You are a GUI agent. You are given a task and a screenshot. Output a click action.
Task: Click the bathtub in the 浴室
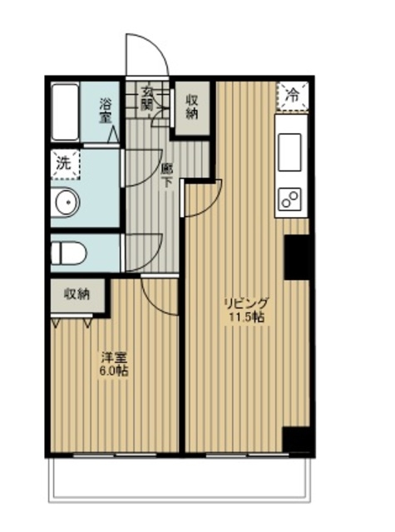[x=65, y=112]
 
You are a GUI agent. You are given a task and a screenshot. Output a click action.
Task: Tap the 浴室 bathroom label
[x=106, y=111]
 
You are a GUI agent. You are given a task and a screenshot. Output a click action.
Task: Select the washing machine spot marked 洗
[x=65, y=165]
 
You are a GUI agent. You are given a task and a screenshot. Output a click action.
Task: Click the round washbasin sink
[x=68, y=202]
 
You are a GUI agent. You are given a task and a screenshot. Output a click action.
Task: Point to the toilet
[x=69, y=253]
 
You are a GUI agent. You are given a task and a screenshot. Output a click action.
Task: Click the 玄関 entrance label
[x=147, y=99]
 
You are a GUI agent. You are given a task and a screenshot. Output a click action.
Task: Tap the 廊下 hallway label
[x=166, y=175]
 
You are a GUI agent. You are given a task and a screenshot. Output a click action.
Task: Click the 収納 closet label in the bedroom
[x=77, y=294]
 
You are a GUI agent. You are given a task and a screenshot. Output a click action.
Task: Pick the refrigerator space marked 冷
[x=292, y=96]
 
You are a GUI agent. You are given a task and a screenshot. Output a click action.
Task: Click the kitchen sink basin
[x=289, y=152]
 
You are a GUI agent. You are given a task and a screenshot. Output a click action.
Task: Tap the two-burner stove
[x=290, y=199]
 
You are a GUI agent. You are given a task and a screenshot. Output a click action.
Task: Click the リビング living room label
[x=247, y=303]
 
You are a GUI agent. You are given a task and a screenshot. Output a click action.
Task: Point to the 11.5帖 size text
[x=247, y=318]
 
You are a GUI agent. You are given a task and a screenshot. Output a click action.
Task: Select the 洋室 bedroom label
[x=114, y=357]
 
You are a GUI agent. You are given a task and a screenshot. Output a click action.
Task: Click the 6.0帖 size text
[x=114, y=371]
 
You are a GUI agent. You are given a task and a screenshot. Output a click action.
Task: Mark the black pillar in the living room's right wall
[x=296, y=257]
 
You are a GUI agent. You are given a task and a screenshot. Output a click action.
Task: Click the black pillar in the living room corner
[x=296, y=440]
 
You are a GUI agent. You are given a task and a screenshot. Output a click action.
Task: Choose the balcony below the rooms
[x=180, y=479]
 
